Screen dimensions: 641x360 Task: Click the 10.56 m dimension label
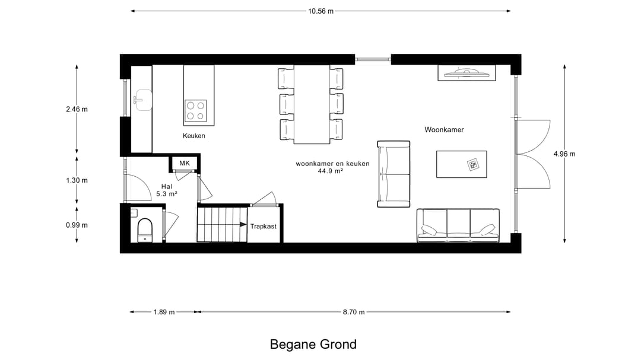point(321,11)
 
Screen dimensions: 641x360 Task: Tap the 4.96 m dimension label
point(564,154)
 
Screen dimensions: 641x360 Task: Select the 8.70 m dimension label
point(354,312)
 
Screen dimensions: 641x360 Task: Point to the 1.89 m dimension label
point(164,312)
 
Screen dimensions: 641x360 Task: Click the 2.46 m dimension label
point(77,109)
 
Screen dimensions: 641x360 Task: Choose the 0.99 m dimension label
point(77,225)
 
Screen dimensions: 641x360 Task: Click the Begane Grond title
point(313,345)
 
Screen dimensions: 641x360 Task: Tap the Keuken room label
point(193,136)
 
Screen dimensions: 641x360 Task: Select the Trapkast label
point(264,227)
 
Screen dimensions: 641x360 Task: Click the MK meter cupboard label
point(185,163)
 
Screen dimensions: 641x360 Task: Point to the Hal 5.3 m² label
point(166,190)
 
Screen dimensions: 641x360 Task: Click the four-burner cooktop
point(195,110)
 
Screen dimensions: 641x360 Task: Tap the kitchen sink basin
point(142,100)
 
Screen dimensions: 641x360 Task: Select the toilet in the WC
point(145,230)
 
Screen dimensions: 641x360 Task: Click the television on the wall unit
point(467,73)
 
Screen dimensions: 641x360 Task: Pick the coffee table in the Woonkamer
point(462,164)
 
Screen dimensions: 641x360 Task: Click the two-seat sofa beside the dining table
point(394,174)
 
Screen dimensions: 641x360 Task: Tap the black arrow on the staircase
point(243,225)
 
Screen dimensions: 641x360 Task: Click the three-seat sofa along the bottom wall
point(458,225)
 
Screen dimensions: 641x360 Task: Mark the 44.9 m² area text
point(331,171)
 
